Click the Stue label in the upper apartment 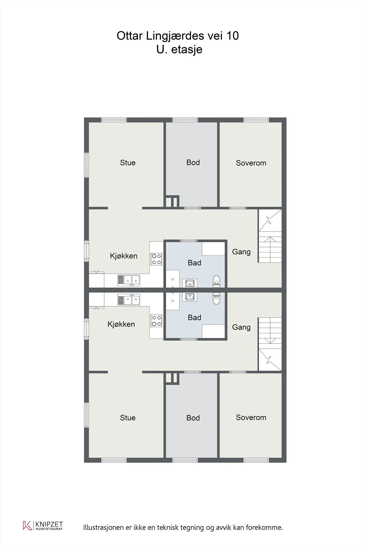click(x=128, y=163)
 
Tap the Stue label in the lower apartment click(x=128, y=418)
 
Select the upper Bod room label click(x=193, y=162)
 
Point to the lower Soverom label click(x=251, y=418)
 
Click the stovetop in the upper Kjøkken click(x=156, y=259)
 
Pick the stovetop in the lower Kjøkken click(x=156, y=321)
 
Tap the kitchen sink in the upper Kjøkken click(x=129, y=281)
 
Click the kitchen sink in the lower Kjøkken click(x=129, y=300)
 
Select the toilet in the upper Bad click(x=216, y=281)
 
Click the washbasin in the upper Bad click(x=190, y=283)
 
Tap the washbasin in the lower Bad click(x=190, y=297)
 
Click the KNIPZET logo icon click(x=27, y=525)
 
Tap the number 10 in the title click(x=232, y=36)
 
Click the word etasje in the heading click(x=187, y=50)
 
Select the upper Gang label click(x=241, y=252)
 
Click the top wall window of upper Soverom click(x=256, y=120)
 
